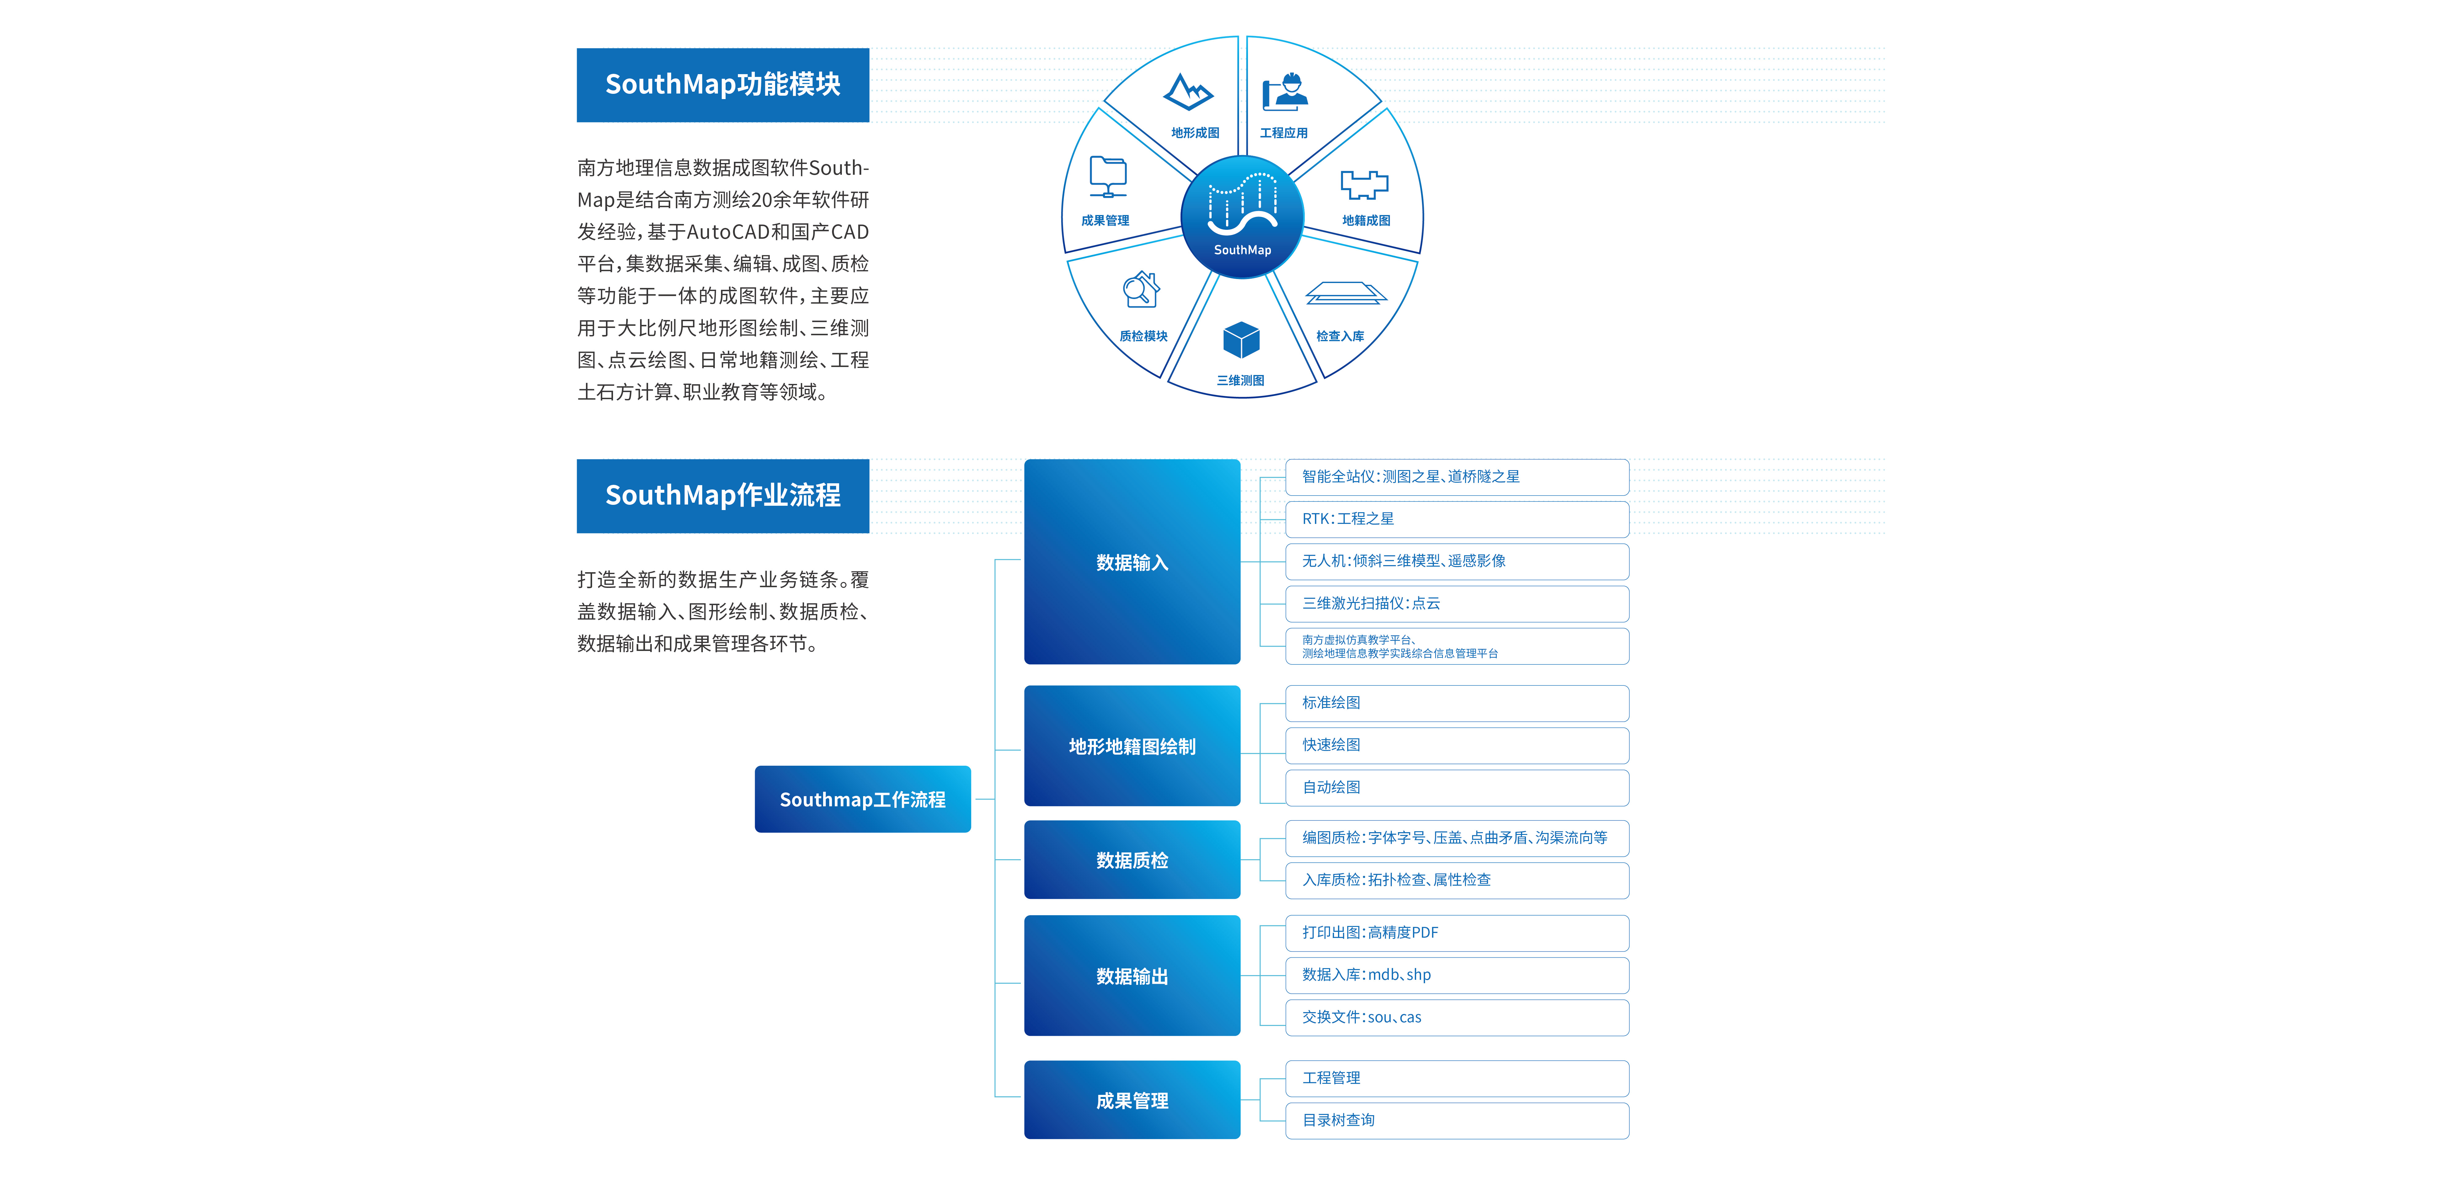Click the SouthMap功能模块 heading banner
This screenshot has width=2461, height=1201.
coord(722,85)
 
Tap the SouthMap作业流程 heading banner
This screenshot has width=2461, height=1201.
coord(722,496)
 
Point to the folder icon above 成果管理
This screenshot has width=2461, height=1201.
coord(1108,177)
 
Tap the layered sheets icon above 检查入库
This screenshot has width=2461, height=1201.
coord(1345,293)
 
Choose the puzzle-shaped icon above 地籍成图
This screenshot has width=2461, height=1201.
coord(1364,184)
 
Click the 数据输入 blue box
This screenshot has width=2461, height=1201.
coord(1132,562)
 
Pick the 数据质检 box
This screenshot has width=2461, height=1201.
coord(1132,860)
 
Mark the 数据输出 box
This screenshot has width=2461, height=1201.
coord(1132,976)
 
